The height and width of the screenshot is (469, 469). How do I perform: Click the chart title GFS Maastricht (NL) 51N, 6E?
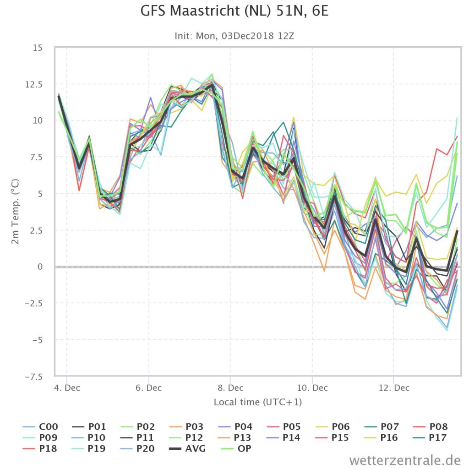click(x=234, y=11)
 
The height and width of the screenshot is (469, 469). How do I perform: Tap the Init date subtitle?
click(x=234, y=36)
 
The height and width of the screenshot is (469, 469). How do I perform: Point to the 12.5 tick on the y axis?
click(x=33, y=84)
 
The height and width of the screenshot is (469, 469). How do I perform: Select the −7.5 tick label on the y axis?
click(x=33, y=376)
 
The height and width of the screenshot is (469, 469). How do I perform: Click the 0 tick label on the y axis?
click(x=40, y=267)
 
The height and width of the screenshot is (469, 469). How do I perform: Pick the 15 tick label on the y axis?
click(x=38, y=48)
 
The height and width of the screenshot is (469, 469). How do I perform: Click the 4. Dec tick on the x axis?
click(x=67, y=388)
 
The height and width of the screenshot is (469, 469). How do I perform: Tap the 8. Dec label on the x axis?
click(x=231, y=388)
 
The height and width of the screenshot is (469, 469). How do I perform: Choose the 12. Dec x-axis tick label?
click(x=394, y=388)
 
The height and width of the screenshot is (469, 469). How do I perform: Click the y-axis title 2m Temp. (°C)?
click(x=15, y=212)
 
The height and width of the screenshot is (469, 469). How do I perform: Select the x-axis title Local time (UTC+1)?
click(x=258, y=402)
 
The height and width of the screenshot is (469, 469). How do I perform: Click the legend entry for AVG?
click(x=187, y=449)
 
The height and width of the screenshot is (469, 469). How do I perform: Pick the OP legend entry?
click(x=236, y=449)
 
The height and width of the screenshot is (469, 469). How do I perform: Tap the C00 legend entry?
click(x=40, y=426)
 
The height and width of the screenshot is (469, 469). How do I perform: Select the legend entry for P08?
click(x=430, y=426)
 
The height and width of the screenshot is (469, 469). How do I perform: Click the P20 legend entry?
click(x=137, y=449)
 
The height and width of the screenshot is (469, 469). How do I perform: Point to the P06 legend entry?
click(x=333, y=426)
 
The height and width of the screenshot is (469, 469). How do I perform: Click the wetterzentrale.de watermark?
click(x=405, y=460)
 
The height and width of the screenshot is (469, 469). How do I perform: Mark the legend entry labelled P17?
click(x=430, y=437)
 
